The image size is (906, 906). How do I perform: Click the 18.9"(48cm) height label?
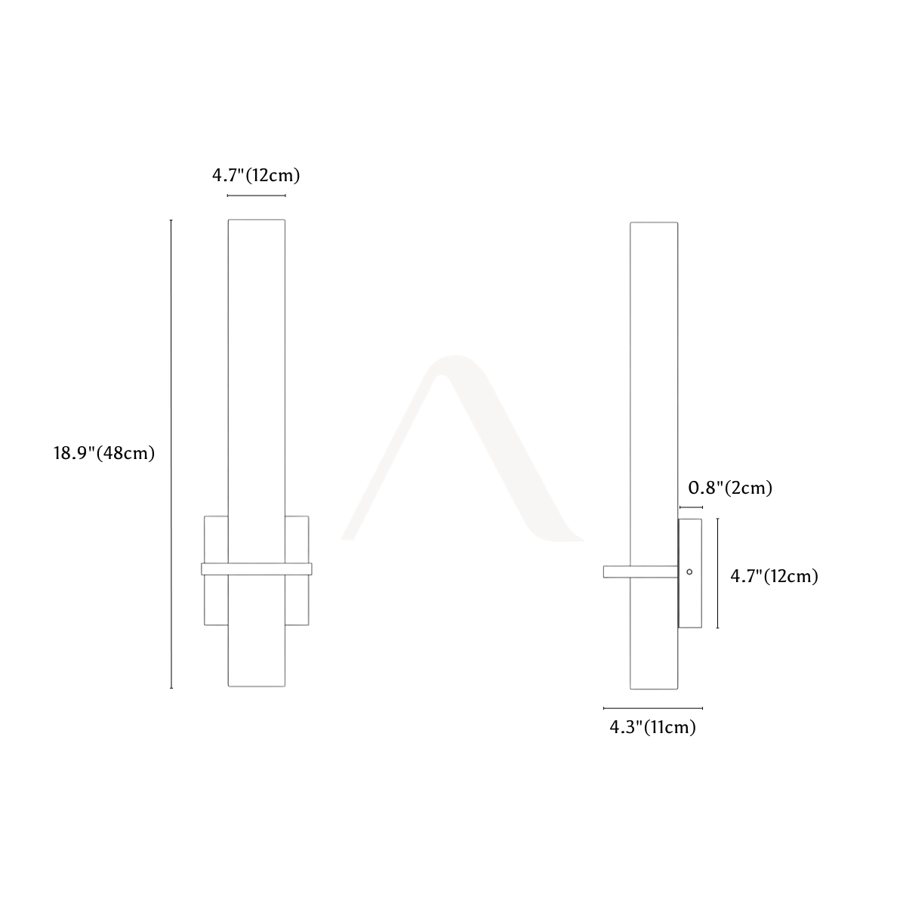pyautogui.click(x=104, y=453)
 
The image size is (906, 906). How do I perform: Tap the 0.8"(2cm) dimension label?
pyautogui.click(x=730, y=488)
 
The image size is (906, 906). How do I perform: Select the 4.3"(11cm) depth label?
pyautogui.click(x=652, y=727)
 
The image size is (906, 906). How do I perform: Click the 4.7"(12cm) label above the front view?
pyautogui.click(x=256, y=175)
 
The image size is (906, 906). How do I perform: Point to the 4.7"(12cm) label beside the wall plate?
pyautogui.click(x=774, y=576)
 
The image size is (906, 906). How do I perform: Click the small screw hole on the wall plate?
pyautogui.click(x=689, y=572)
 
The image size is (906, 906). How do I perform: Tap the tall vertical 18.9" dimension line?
pyautogui.click(x=171, y=454)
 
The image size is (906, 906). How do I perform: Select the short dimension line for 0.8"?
pyautogui.click(x=691, y=507)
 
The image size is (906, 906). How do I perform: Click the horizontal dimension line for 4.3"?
pyautogui.click(x=653, y=707)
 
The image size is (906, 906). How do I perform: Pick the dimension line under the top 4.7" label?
pyautogui.click(x=256, y=195)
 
